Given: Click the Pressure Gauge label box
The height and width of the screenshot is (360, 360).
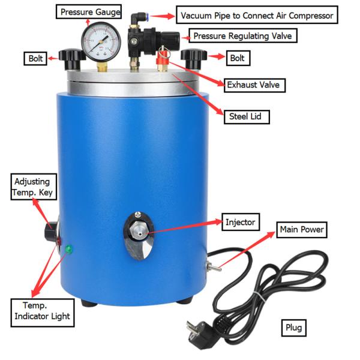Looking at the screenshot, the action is [x=89, y=12].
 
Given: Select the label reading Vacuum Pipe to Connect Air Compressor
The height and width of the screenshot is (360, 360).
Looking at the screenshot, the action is [x=257, y=15].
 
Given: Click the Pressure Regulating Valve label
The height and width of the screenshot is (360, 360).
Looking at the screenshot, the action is [x=242, y=35].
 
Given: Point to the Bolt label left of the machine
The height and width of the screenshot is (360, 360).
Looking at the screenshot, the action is [x=35, y=58].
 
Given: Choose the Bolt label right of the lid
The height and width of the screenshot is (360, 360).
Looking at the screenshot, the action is [x=238, y=58].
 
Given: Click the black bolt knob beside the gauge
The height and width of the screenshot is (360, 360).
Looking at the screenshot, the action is [x=71, y=59].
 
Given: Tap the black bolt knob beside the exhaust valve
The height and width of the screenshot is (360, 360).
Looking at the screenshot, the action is [x=194, y=58].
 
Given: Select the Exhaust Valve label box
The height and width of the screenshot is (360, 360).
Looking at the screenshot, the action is [x=254, y=85].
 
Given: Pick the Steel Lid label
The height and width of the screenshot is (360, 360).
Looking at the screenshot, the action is [x=247, y=116].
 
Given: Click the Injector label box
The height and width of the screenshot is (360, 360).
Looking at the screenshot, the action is [x=241, y=222].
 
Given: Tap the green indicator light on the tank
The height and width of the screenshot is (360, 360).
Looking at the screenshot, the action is [x=68, y=250].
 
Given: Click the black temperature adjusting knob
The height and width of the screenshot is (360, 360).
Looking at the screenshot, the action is [x=51, y=231].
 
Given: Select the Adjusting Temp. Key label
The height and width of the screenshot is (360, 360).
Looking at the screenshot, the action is [x=34, y=187].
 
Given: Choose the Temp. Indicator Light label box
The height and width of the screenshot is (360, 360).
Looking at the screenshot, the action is [x=43, y=313].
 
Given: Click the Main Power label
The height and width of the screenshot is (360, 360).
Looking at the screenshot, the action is [x=302, y=229].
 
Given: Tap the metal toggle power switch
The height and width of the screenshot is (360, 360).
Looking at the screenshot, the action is [x=213, y=267].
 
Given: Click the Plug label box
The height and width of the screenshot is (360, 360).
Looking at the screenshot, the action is [x=293, y=328].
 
